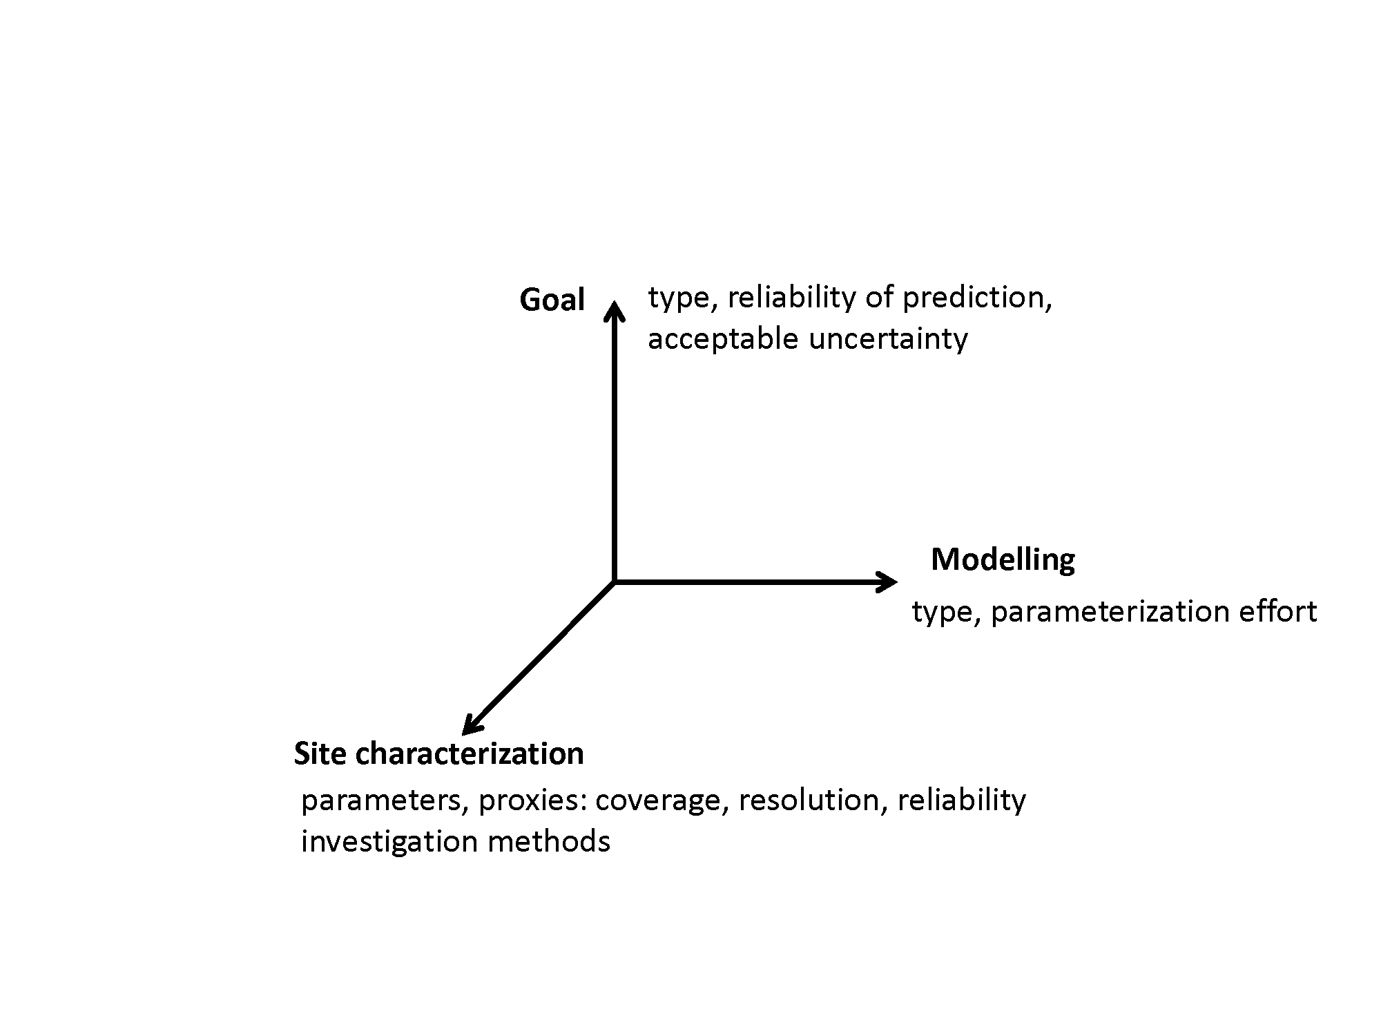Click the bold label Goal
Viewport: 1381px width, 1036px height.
(552, 300)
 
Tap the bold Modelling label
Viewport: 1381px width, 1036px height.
(1003, 560)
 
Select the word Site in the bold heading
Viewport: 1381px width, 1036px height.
(320, 753)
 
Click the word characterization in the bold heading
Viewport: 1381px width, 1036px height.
(469, 753)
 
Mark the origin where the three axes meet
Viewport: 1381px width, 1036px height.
(614, 582)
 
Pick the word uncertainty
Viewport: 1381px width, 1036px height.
(888, 339)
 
